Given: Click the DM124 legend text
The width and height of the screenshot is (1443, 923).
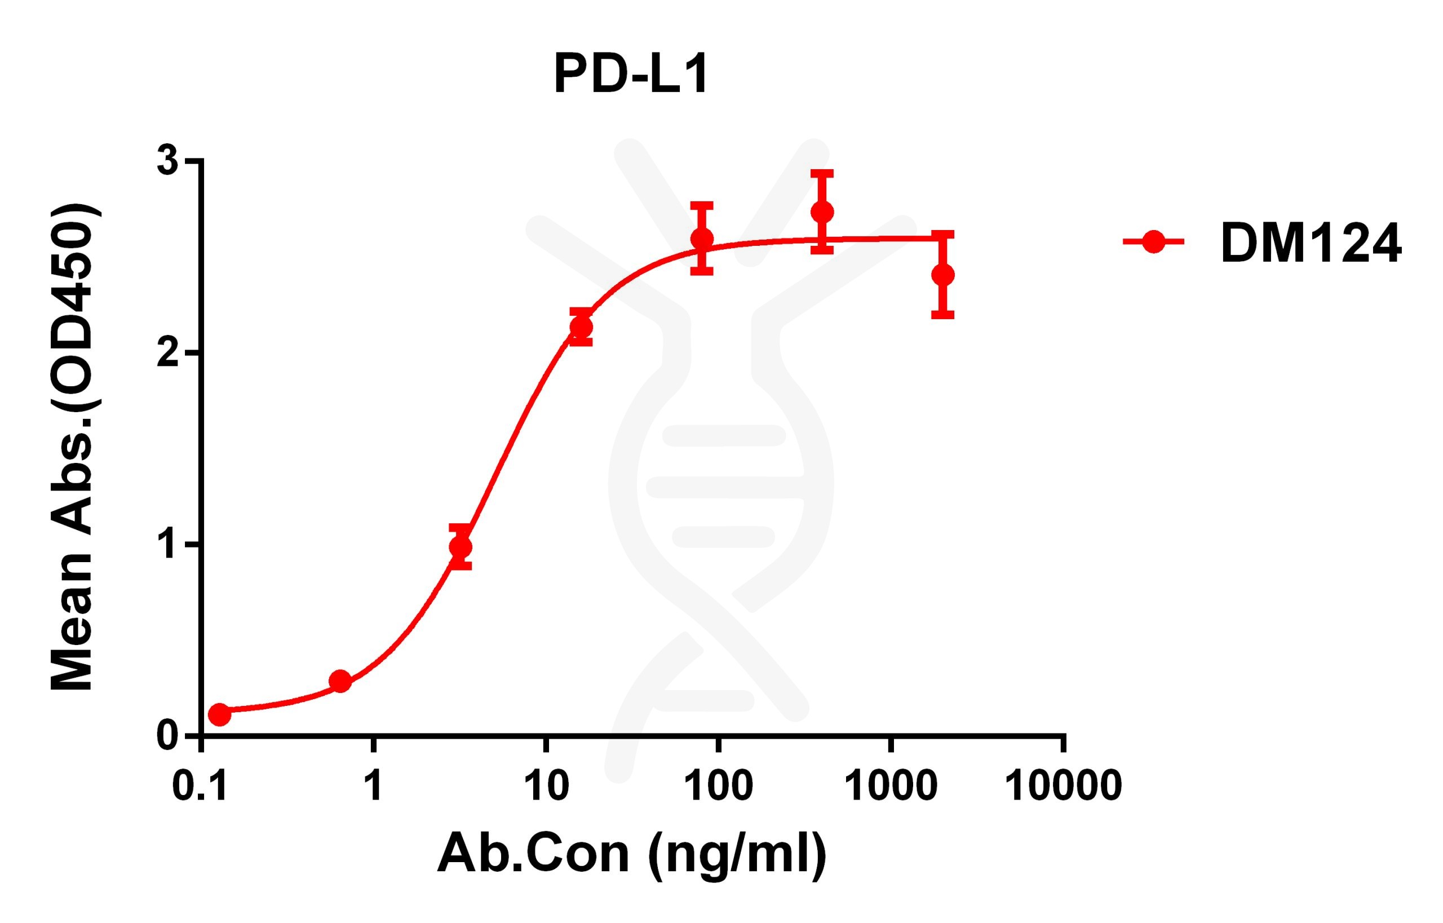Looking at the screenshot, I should (x=1311, y=244).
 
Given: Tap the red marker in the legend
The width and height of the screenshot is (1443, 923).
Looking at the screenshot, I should (x=1153, y=242).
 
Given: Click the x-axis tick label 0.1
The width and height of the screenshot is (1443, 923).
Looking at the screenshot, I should (x=200, y=787).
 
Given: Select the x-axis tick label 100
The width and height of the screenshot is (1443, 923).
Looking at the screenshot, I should (x=719, y=787).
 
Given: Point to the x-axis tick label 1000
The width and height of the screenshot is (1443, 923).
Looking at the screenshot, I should (x=892, y=787).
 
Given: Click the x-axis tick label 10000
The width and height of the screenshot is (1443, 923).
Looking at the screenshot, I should (x=1063, y=787).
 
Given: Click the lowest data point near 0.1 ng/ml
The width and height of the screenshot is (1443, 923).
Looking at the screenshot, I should (x=219, y=714).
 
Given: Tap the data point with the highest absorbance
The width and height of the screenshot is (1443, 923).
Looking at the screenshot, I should (x=822, y=212).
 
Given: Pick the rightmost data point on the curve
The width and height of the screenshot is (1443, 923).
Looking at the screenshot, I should (x=942, y=275).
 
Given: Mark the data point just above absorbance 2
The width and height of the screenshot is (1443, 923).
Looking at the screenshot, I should (x=581, y=327).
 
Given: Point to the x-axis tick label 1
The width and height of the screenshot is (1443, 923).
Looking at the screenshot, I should (x=373, y=787).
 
